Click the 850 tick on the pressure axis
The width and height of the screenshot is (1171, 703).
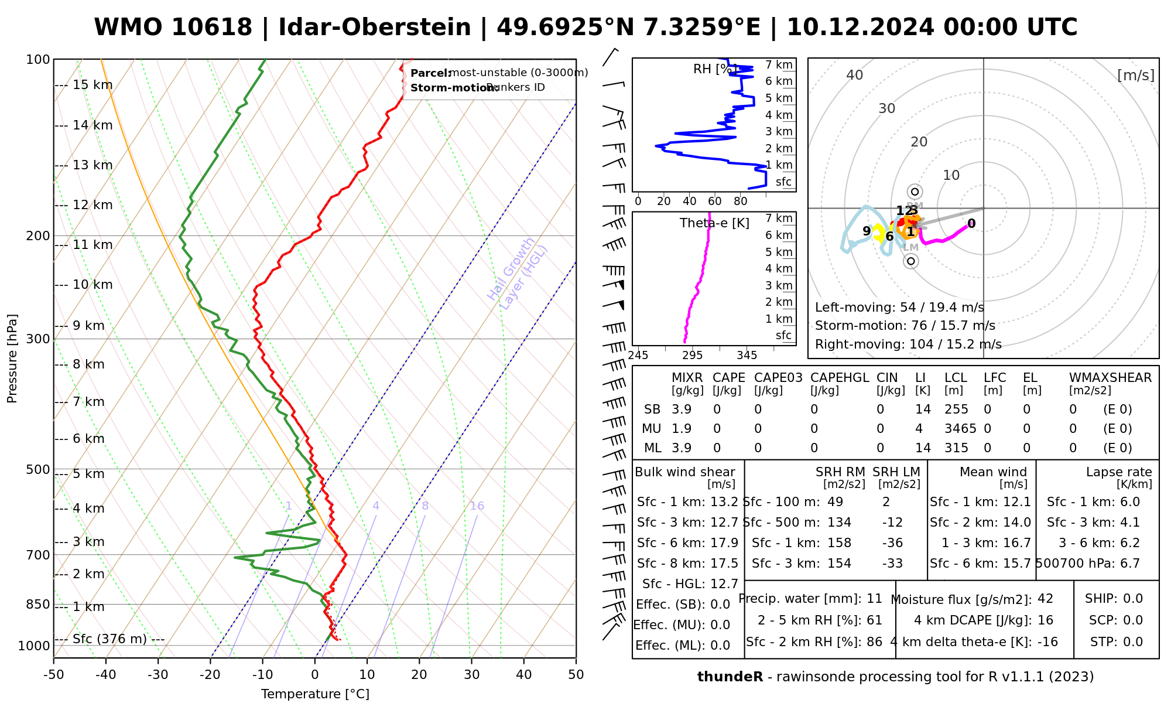click(39, 604)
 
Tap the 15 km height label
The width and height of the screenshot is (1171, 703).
click(92, 85)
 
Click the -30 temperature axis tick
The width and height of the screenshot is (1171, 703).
click(158, 675)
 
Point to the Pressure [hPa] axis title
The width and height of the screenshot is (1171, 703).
click(12, 359)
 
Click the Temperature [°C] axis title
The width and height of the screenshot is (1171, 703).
click(315, 694)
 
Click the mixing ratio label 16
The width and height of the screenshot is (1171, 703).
click(477, 506)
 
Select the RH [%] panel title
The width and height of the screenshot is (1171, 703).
click(714, 69)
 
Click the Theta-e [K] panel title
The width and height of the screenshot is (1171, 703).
click(714, 223)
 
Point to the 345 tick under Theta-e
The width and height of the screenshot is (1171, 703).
click(747, 355)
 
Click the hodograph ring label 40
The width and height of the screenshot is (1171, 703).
click(855, 75)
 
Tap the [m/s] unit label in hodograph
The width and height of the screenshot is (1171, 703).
click(1135, 75)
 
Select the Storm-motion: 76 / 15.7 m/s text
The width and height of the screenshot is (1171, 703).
click(905, 326)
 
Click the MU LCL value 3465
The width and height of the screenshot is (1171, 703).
click(960, 429)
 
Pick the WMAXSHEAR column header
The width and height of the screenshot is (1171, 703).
click(1110, 378)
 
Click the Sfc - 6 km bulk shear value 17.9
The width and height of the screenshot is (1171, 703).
click(724, 543)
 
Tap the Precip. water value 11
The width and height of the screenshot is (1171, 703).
click(874, 599)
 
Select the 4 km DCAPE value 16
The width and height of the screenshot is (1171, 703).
click(1045, 620)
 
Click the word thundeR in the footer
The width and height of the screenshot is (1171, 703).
click(730, 677)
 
